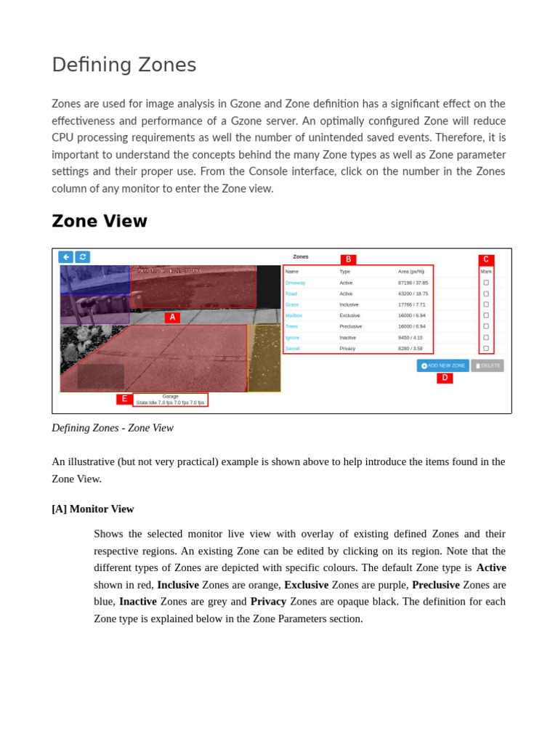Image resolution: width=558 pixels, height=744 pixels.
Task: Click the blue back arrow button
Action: click(66, 256)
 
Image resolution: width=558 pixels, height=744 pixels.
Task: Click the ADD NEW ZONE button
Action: click(442, 365)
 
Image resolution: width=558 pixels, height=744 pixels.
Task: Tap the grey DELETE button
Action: click(488, 365)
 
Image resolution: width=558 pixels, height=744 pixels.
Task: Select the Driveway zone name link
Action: click(295, 283)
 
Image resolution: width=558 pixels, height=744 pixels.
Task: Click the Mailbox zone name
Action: click(294, 315)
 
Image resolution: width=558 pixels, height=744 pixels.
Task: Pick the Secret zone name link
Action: click(292, 348)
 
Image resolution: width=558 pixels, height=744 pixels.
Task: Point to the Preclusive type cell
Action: click(350, 326)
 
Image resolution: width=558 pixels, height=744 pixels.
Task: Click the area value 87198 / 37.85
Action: click(413, 283)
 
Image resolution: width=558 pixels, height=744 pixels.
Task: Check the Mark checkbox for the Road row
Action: click(486, 294)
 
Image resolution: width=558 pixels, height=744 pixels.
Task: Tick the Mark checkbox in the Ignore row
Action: click(486, 337)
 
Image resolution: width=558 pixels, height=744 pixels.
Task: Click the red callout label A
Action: click(172, 318)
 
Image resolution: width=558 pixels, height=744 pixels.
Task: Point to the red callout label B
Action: click(348, 259)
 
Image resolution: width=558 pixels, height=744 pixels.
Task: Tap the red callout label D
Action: click(445, 378)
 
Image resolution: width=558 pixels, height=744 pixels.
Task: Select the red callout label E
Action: click(124, 399)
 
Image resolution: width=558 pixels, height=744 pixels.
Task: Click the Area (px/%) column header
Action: click(411, 271)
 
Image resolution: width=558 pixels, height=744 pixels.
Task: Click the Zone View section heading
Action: click(100, 221)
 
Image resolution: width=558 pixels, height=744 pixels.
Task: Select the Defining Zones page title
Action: click(124, 65)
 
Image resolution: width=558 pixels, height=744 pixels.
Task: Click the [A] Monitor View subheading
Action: click(93, 509)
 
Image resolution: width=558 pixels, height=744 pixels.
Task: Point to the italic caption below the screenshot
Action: click(113, 427)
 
